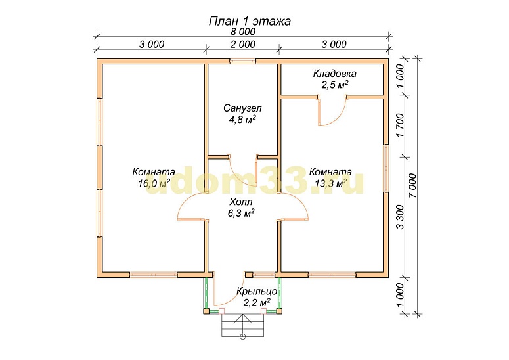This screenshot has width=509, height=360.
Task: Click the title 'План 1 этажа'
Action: [x=250, y=22]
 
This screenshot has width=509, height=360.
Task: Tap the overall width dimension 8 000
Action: [x=243, y=32]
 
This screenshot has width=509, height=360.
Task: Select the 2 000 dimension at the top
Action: [x=243, y=44]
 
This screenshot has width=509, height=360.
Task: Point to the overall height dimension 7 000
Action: [x=412, y=186]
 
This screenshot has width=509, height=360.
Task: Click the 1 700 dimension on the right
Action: [x=401, y=125]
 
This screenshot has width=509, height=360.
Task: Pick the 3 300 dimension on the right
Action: [x=401, y=217]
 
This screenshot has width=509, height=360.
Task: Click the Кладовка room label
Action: [x=334, y=74]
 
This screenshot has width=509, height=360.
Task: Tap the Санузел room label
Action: [x=242, y=108]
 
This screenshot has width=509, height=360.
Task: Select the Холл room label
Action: [x=241, y=202]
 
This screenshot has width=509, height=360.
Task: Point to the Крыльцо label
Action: [x=257, y=291]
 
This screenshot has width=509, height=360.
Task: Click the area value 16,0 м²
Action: [x=154, y=183]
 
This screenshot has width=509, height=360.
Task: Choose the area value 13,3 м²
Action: [x=330, y=183]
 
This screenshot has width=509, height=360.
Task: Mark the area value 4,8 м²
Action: [x=242, y=120]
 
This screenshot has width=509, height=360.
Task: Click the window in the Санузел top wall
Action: [x=243, y=60]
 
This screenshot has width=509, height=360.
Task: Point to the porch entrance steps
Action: [x=242, y=325]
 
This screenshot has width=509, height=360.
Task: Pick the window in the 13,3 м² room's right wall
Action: [x=386, y=168]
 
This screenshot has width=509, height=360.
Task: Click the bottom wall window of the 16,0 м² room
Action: [x=154, y=275]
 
